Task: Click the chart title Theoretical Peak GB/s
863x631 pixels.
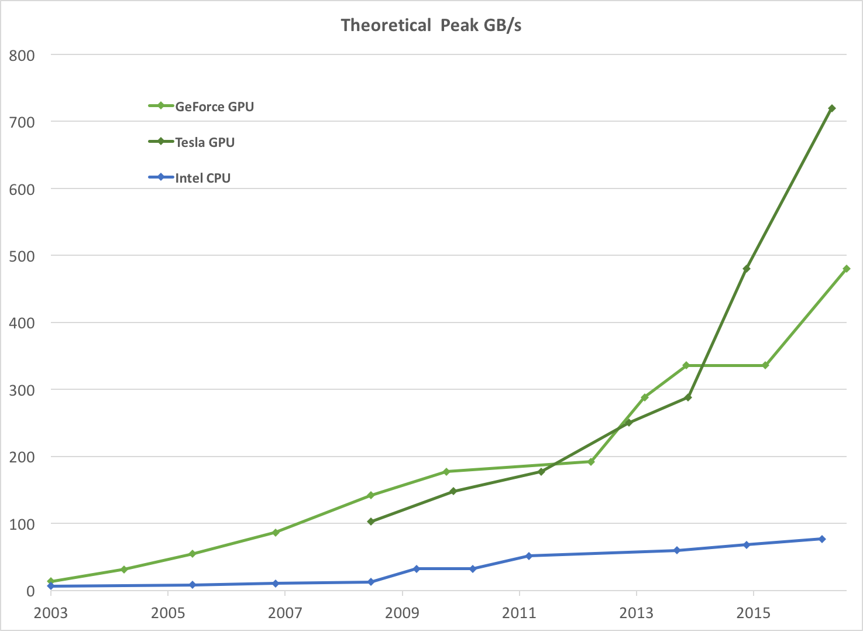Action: click(431, 25)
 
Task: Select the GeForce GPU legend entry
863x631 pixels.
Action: click(214, 107)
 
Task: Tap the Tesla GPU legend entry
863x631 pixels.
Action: click(205, 142)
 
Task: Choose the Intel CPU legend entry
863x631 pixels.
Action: click(202, 178)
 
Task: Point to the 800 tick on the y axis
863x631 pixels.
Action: click(22, 56)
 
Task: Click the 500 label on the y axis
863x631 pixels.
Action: click(22, 256)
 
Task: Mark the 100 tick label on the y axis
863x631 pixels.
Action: click(22, 524)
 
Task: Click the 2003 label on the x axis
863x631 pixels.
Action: click(51, 613)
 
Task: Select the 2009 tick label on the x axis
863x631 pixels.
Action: click(402, 613)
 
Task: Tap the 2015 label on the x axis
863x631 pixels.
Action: click(754, 613)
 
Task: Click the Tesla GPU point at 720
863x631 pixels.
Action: click(832, 108)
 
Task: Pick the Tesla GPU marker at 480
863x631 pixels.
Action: click(747, 269)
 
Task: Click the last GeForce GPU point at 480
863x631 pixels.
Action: click(847, 269)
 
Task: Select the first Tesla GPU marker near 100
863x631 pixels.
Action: click(370, 522)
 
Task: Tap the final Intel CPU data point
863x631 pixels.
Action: click(822, 539)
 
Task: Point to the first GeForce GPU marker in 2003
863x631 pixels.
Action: click(51, 582)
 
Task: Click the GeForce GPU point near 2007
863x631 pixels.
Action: click(275, 533)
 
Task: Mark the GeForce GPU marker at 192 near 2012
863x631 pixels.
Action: click(591, 462)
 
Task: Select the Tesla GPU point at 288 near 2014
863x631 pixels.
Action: click(688, 397)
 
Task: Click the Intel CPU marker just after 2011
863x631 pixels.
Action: click(528, 556)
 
